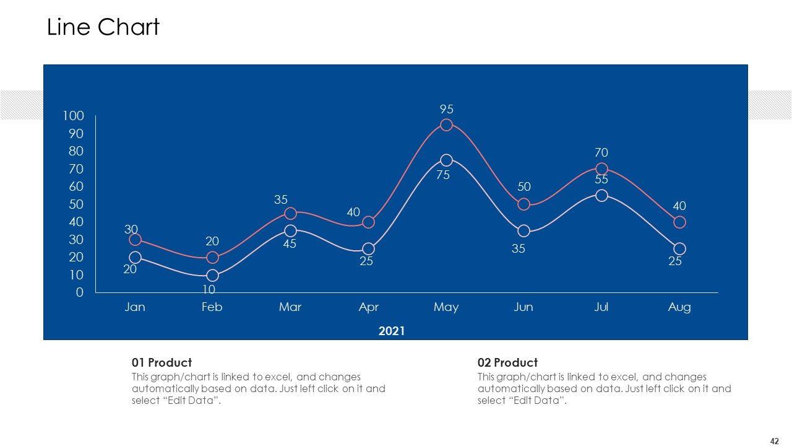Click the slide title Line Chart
tap(103, 27)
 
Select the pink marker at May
tap(446, 125)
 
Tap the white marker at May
tap(446, 160)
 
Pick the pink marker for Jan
tap(135, 240)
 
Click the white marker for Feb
tap(212, 276)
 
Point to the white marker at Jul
tap(601, 196)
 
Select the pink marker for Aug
tap(679, 222)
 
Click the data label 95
tap(447, 109)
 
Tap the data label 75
tap(442, 175)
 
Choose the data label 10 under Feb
tap(209, 289)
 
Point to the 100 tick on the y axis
tap(73, 116)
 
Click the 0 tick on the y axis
tap(79, 292)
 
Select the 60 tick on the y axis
tap(75, 186)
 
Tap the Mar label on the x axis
tap(290, 307)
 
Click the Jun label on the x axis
tap(523, 307)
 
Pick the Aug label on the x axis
tap(679, 307)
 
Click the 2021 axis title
tap(392, 331)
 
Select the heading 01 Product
tap(161, 362)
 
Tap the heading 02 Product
tap(507, 362)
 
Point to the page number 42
tap(774, 441)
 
